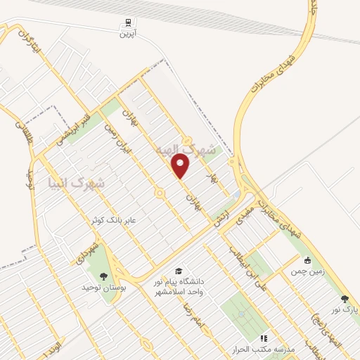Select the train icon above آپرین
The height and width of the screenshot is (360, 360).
128,22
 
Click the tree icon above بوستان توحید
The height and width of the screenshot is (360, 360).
104,276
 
